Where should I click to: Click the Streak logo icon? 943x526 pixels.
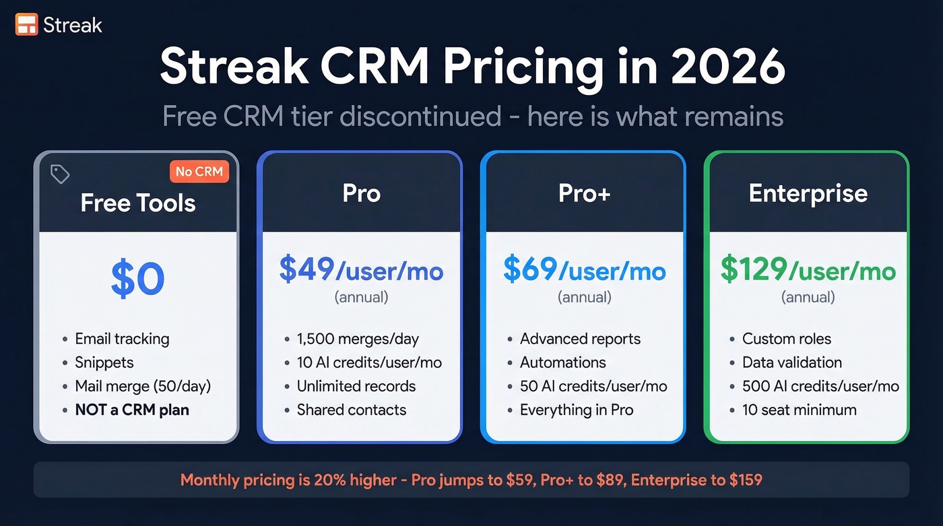[26, 25]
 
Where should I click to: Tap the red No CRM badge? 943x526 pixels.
[199, 172]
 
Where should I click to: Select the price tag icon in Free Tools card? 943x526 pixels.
[60, 174]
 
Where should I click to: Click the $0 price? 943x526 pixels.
[137, 279]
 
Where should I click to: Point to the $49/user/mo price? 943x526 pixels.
[361, 271]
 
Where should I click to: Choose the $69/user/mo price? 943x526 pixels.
[584, 271]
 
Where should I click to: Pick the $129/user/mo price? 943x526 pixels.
[808, 271]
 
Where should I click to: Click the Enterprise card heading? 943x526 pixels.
[808, 194]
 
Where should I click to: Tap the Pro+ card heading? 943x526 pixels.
[584, 194]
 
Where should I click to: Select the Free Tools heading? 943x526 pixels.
[137, 203]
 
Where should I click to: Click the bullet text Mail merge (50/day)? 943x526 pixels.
[142, 386]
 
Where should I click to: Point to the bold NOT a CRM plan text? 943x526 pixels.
[132, 409]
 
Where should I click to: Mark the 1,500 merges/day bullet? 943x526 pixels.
[358, 339]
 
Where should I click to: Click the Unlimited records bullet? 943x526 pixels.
[356, 386]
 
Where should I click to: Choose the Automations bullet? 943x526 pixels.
[562, 362]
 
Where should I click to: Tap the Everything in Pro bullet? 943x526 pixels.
[576, 409]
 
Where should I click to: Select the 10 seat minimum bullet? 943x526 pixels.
[799, 409]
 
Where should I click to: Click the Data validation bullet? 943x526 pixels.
[791, 362]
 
